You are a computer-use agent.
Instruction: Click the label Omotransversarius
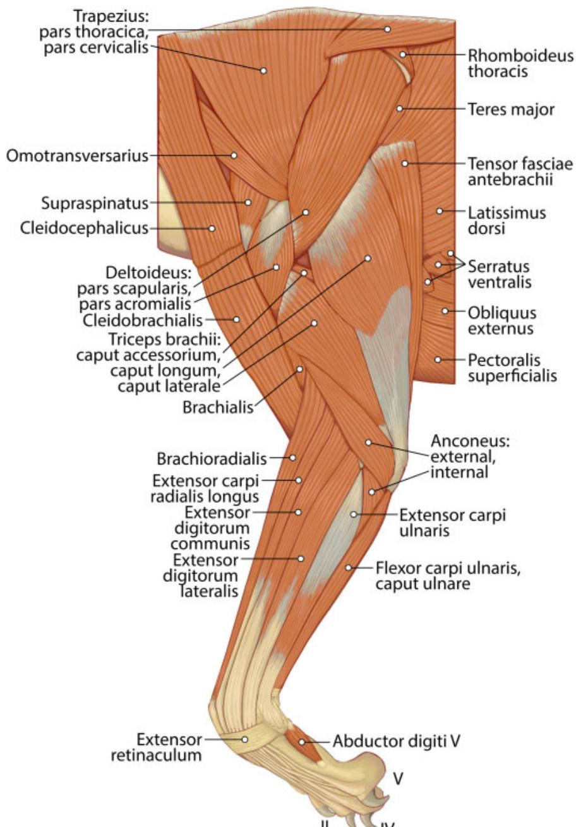77,156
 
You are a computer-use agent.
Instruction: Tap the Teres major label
511,110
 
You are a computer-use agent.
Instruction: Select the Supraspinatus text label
95,203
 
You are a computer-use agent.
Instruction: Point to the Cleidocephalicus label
84,228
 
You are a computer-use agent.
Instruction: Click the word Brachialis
218,407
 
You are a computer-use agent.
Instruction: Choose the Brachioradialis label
212,459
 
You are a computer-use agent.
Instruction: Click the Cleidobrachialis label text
143,320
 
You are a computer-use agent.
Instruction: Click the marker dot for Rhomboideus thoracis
403,54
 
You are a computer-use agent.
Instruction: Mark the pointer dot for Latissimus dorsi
439,211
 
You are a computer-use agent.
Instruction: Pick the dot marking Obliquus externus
445,311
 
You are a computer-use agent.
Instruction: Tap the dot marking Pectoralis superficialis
438,359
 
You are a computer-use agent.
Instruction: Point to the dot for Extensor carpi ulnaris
354,514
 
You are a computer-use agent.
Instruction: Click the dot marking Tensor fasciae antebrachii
405,163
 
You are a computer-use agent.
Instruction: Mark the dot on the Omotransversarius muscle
234,156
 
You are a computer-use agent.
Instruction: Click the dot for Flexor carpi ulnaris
349,567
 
